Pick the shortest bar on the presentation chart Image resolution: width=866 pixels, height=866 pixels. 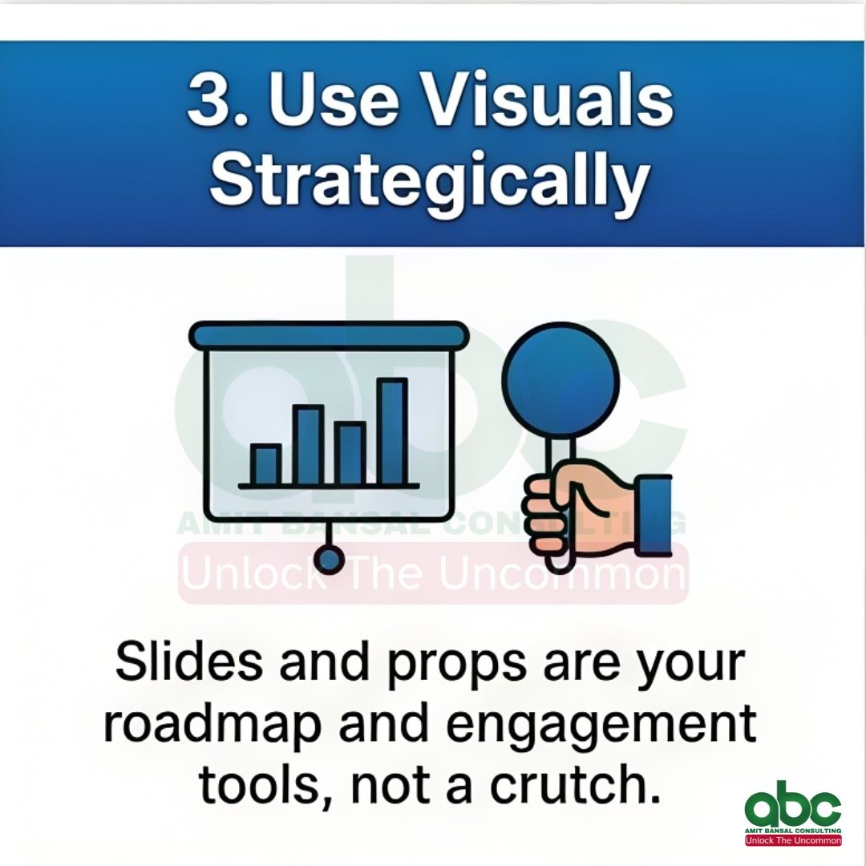[265, 464]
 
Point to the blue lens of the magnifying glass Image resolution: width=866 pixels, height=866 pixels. [560, 380]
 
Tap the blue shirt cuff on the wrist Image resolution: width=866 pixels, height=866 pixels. [654, 515]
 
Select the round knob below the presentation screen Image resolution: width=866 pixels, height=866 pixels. [329, 560]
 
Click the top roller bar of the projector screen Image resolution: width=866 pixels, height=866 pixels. [330, 335]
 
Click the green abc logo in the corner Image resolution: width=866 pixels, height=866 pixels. [792, 803]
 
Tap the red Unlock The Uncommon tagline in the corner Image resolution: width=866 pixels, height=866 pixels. [793, 840]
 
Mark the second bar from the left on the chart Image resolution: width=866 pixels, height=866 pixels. [308, 444]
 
